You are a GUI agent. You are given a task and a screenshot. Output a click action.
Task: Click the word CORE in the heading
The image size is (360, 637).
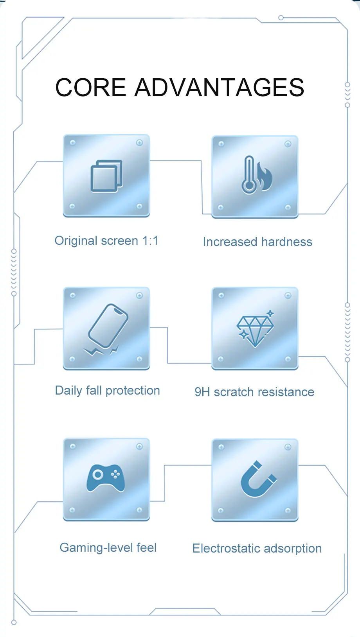[90, 87]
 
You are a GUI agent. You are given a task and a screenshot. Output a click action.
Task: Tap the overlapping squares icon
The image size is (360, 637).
[106, 176]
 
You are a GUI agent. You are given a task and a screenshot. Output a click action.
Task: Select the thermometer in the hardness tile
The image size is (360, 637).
[249, 175]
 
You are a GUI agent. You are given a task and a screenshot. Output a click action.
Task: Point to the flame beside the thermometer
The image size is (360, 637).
[265, 177]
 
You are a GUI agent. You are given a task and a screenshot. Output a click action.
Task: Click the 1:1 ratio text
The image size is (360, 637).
[150, 240]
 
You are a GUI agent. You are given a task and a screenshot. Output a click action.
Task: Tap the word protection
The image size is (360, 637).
[133, 391]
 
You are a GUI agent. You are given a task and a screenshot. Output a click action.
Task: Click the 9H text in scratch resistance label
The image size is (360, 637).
[202, 392]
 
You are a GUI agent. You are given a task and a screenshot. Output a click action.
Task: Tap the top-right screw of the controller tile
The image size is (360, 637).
[139, 447]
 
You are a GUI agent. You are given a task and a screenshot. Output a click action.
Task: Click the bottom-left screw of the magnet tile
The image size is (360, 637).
[221, 510]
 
